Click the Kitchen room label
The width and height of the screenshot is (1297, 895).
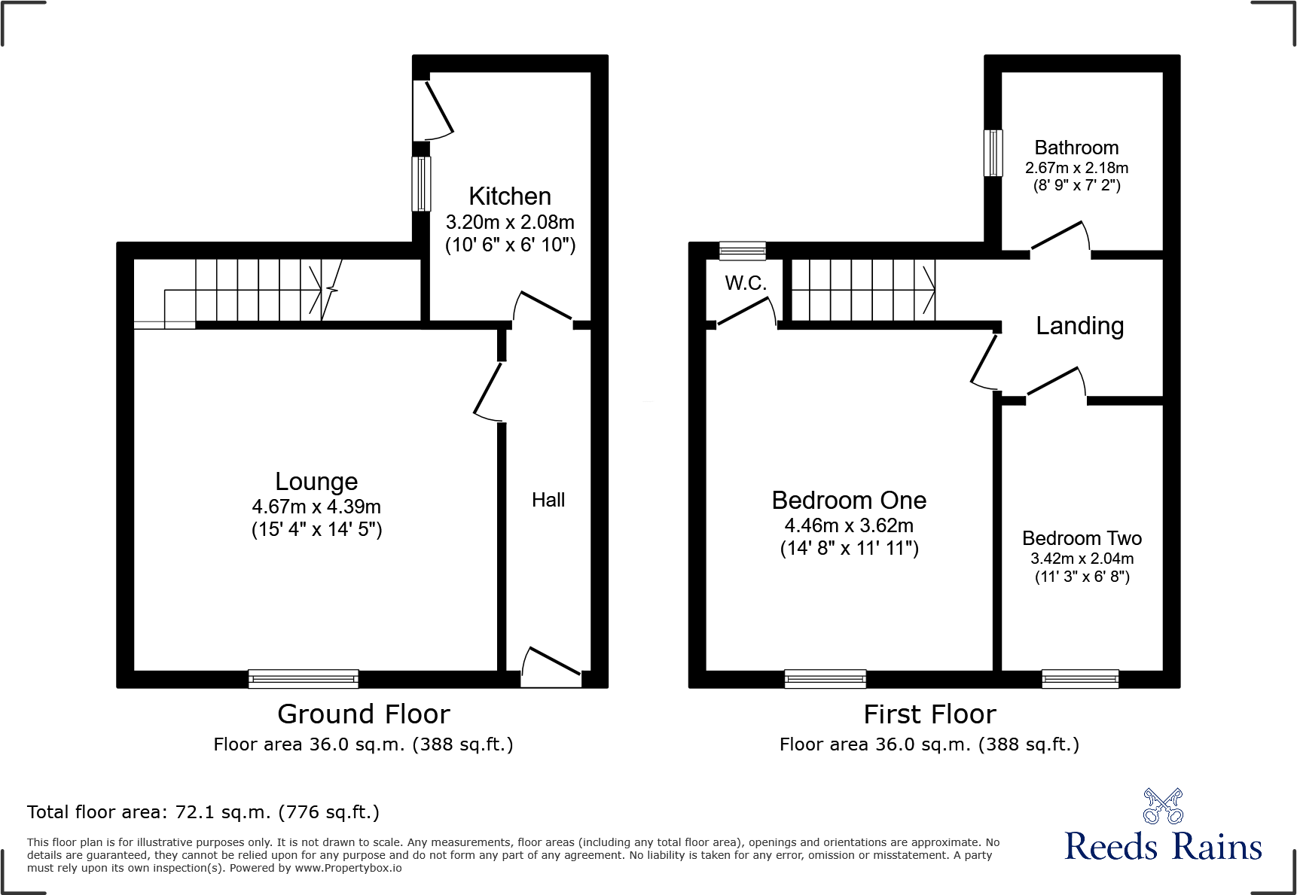(x=510, y=196)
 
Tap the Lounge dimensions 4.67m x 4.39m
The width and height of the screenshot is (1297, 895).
(x=316, y=507)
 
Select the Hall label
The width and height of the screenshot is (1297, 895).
(x=548, y=500)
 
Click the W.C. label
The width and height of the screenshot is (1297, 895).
(x=746, y=283)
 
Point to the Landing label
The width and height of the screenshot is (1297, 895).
(x=1080, y=326)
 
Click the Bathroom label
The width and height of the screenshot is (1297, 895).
(x=1076, y=148)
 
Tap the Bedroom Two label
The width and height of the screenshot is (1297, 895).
(x=1082, y=538)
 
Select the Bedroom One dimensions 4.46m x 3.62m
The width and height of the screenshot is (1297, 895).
(x=849, y=525)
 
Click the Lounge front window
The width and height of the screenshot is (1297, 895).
(x=304, y=679)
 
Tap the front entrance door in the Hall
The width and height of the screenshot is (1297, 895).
(x=551, y=667)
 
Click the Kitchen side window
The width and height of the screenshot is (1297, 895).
(x=422, y=184)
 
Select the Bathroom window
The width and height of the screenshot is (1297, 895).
(x=994, y=154)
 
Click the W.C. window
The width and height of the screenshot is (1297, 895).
(x=743, y=251)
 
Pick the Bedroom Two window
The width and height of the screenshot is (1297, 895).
(x=1080, y=679)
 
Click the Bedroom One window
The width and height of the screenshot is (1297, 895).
(x=826, y=679)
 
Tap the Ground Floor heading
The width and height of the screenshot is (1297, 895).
(x=364, y=714)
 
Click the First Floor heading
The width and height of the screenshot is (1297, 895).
(x=929, y=714)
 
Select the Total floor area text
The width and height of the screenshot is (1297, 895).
(x=203, y=812)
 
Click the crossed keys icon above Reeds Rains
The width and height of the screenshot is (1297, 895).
(x=1163, y=806)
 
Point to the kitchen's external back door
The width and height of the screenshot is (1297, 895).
(x=434, y=111)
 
